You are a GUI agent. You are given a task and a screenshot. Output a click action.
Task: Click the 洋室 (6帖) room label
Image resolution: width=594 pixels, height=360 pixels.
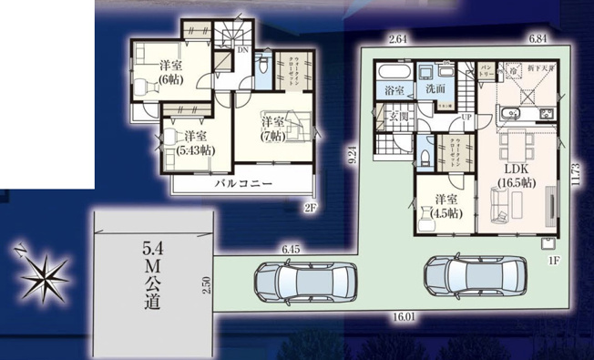(169, 72)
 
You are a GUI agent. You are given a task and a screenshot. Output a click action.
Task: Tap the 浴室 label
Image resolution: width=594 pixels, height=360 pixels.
(394, 90)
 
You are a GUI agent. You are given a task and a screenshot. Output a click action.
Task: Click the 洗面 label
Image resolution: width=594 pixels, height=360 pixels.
(434, 89)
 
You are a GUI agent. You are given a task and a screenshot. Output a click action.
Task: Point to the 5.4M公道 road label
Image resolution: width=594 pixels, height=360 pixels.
(152, 273)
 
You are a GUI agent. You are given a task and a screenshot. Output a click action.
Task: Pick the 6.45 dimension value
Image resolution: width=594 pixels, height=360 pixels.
(292, 248)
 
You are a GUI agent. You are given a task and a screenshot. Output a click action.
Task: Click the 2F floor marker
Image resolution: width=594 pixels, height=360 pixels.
(310, 208)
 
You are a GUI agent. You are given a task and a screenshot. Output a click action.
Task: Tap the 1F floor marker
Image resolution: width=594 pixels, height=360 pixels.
(552, 262)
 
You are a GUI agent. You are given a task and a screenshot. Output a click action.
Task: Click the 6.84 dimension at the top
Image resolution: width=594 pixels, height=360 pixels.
(538, 39)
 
